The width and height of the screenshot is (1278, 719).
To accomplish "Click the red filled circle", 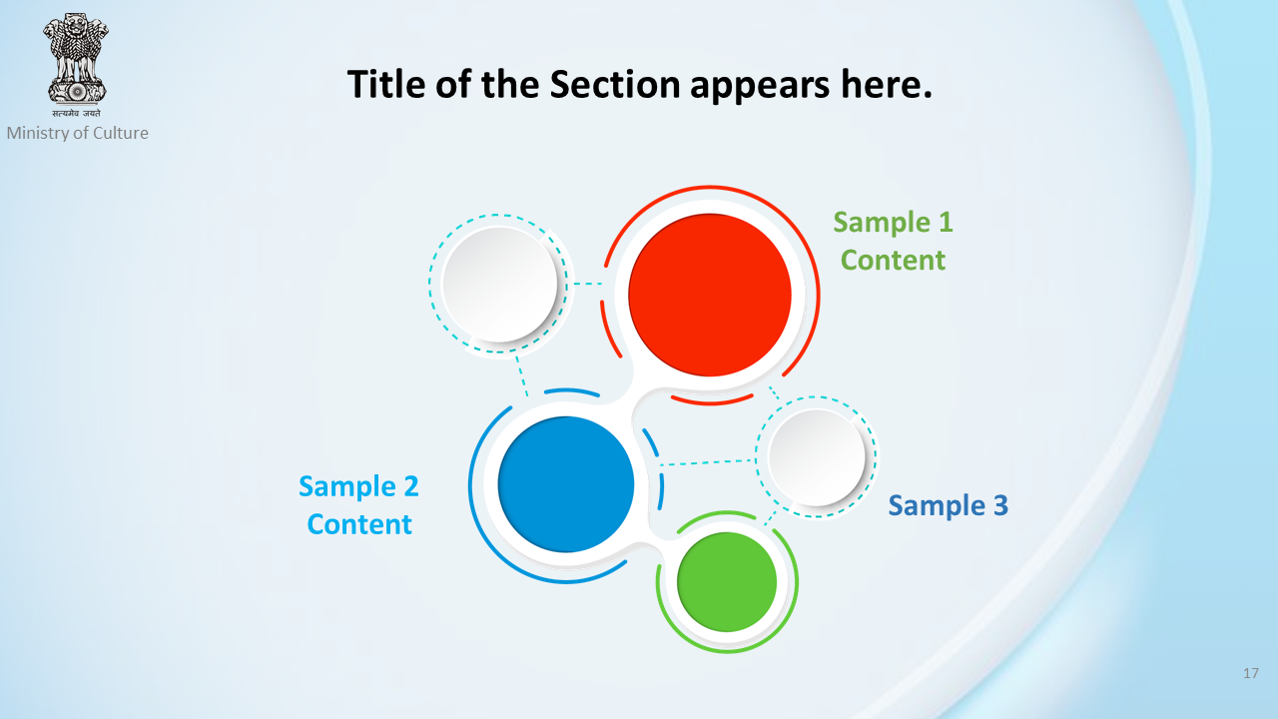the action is coord(710,295).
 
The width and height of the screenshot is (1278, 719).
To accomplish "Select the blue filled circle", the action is coord(566,484).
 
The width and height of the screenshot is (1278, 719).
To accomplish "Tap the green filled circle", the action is coord(727,582).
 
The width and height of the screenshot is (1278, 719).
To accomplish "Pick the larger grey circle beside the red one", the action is coord(500,285).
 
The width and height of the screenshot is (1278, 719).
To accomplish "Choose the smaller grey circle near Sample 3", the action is coord(817,457).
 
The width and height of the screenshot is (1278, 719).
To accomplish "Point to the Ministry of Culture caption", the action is coord(77,133).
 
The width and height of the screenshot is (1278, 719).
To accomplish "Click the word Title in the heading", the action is coord(386,84).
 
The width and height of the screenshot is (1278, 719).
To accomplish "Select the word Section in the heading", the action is coord(614,84).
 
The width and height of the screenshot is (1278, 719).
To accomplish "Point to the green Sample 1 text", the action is coord(893,222).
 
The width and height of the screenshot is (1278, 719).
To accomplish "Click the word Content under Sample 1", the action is coord(893,261).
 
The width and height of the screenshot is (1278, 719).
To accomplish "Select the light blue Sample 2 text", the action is coord(358,486).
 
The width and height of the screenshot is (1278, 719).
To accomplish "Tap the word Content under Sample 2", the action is coord(359,524).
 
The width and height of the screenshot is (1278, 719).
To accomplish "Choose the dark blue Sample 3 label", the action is coord(949,505).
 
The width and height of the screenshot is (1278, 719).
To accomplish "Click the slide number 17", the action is coord(1251,673).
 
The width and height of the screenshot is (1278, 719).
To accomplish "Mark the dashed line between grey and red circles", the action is coord(588,284).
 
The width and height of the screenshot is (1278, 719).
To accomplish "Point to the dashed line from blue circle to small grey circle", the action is coord(708,462).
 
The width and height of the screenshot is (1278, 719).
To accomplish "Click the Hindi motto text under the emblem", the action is coord(77,113).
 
